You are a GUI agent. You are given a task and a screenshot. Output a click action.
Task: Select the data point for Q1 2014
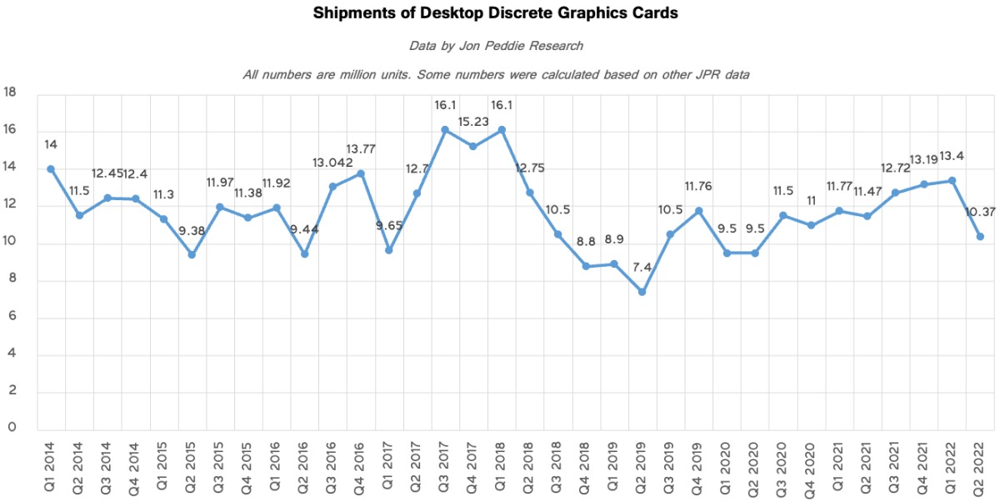click(51, 168)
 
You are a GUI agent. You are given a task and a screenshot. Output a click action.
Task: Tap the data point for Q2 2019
click(642, 292)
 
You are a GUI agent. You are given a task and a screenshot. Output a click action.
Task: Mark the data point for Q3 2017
click(445, 129)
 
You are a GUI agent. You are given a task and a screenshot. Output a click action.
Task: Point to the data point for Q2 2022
click(980, 237)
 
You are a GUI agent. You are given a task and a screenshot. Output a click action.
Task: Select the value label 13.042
click(332, 163)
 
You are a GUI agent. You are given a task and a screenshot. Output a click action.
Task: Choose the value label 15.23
click(473, 121)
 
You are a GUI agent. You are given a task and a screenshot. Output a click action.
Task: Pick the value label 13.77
click(362, 149)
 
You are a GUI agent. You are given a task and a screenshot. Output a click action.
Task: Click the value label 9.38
click(192, 231)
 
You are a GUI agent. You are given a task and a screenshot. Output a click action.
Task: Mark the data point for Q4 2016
click(361, 173)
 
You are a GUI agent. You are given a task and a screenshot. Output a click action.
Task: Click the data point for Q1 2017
click(389, 250)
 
